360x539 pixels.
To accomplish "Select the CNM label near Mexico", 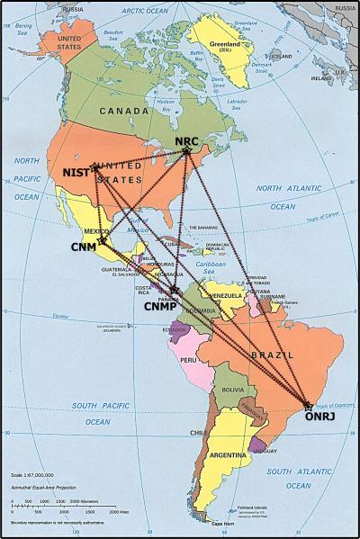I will click(x=84, y=246).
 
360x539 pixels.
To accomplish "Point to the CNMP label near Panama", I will click(x=165, y=306).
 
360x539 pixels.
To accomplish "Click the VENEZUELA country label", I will click(x=225, y=295).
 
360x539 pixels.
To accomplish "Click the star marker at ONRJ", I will click(x=309, y=406).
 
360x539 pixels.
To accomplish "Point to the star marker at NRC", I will click(x=187, y=151).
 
